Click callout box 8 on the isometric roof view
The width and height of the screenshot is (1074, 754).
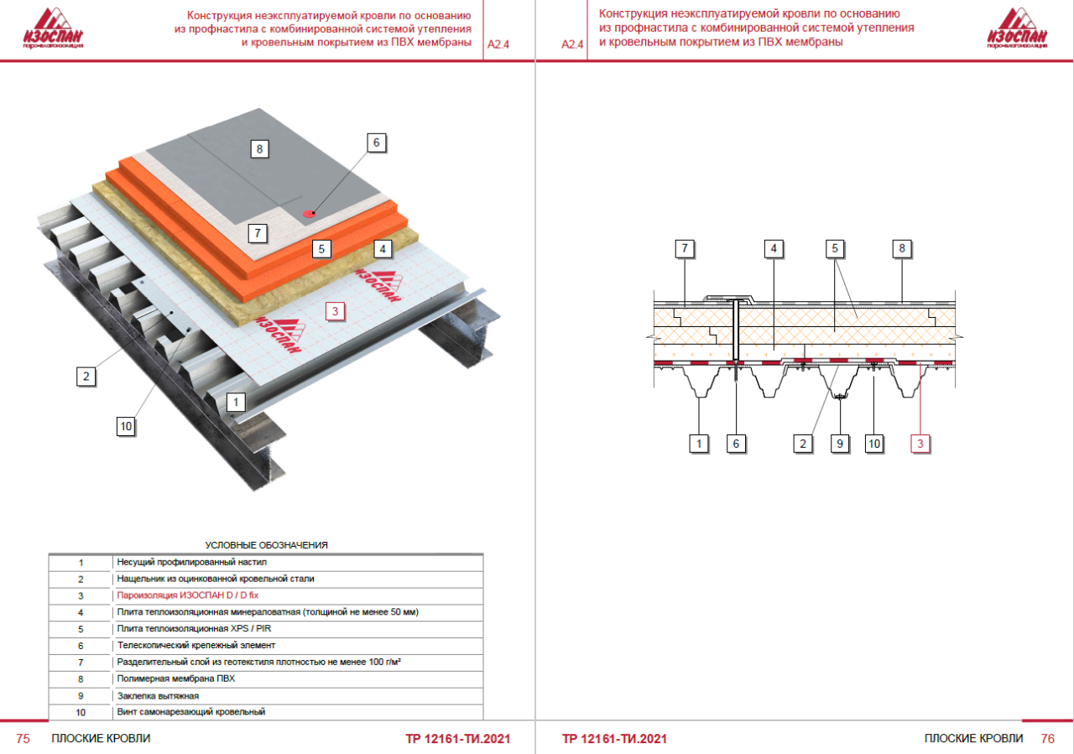pyautogui.click(x=260, y=150)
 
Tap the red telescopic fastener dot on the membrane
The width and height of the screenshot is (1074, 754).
pyautogui.click(x=308, y=213)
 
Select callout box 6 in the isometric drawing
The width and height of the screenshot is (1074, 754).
pyautogui.click(x=376, y=143)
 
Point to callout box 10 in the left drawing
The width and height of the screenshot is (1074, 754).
pyautogui.click(x=126, y=426)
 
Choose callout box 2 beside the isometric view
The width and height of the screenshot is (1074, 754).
pyautogui.click(x=84, y=376)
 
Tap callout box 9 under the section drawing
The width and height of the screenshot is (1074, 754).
pyautogui.click(x=839, y=444)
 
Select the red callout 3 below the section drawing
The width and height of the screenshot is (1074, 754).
pyautogui.click(x=920, y=444)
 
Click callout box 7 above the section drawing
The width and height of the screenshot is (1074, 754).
pyautogui.click(x=686, y=248)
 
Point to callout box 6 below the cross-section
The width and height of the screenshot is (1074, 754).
pyautogui.click(x=736, y=444)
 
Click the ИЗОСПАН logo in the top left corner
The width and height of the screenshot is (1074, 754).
pyautogui.click(x=54, y=29)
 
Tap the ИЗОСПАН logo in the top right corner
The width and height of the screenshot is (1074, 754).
pyautogui.click(x=1018, y=29)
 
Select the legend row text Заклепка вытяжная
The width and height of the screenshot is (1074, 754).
pyautogui.click(x=158, y=695)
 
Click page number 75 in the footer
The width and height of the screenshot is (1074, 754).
pyautogui.click(x=23, y=739)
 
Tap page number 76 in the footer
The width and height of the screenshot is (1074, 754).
pyautogui.click(x=1047, y=739)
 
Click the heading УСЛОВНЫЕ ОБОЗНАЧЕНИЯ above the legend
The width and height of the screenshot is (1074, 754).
pyautogui.click(x=266, y=545)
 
